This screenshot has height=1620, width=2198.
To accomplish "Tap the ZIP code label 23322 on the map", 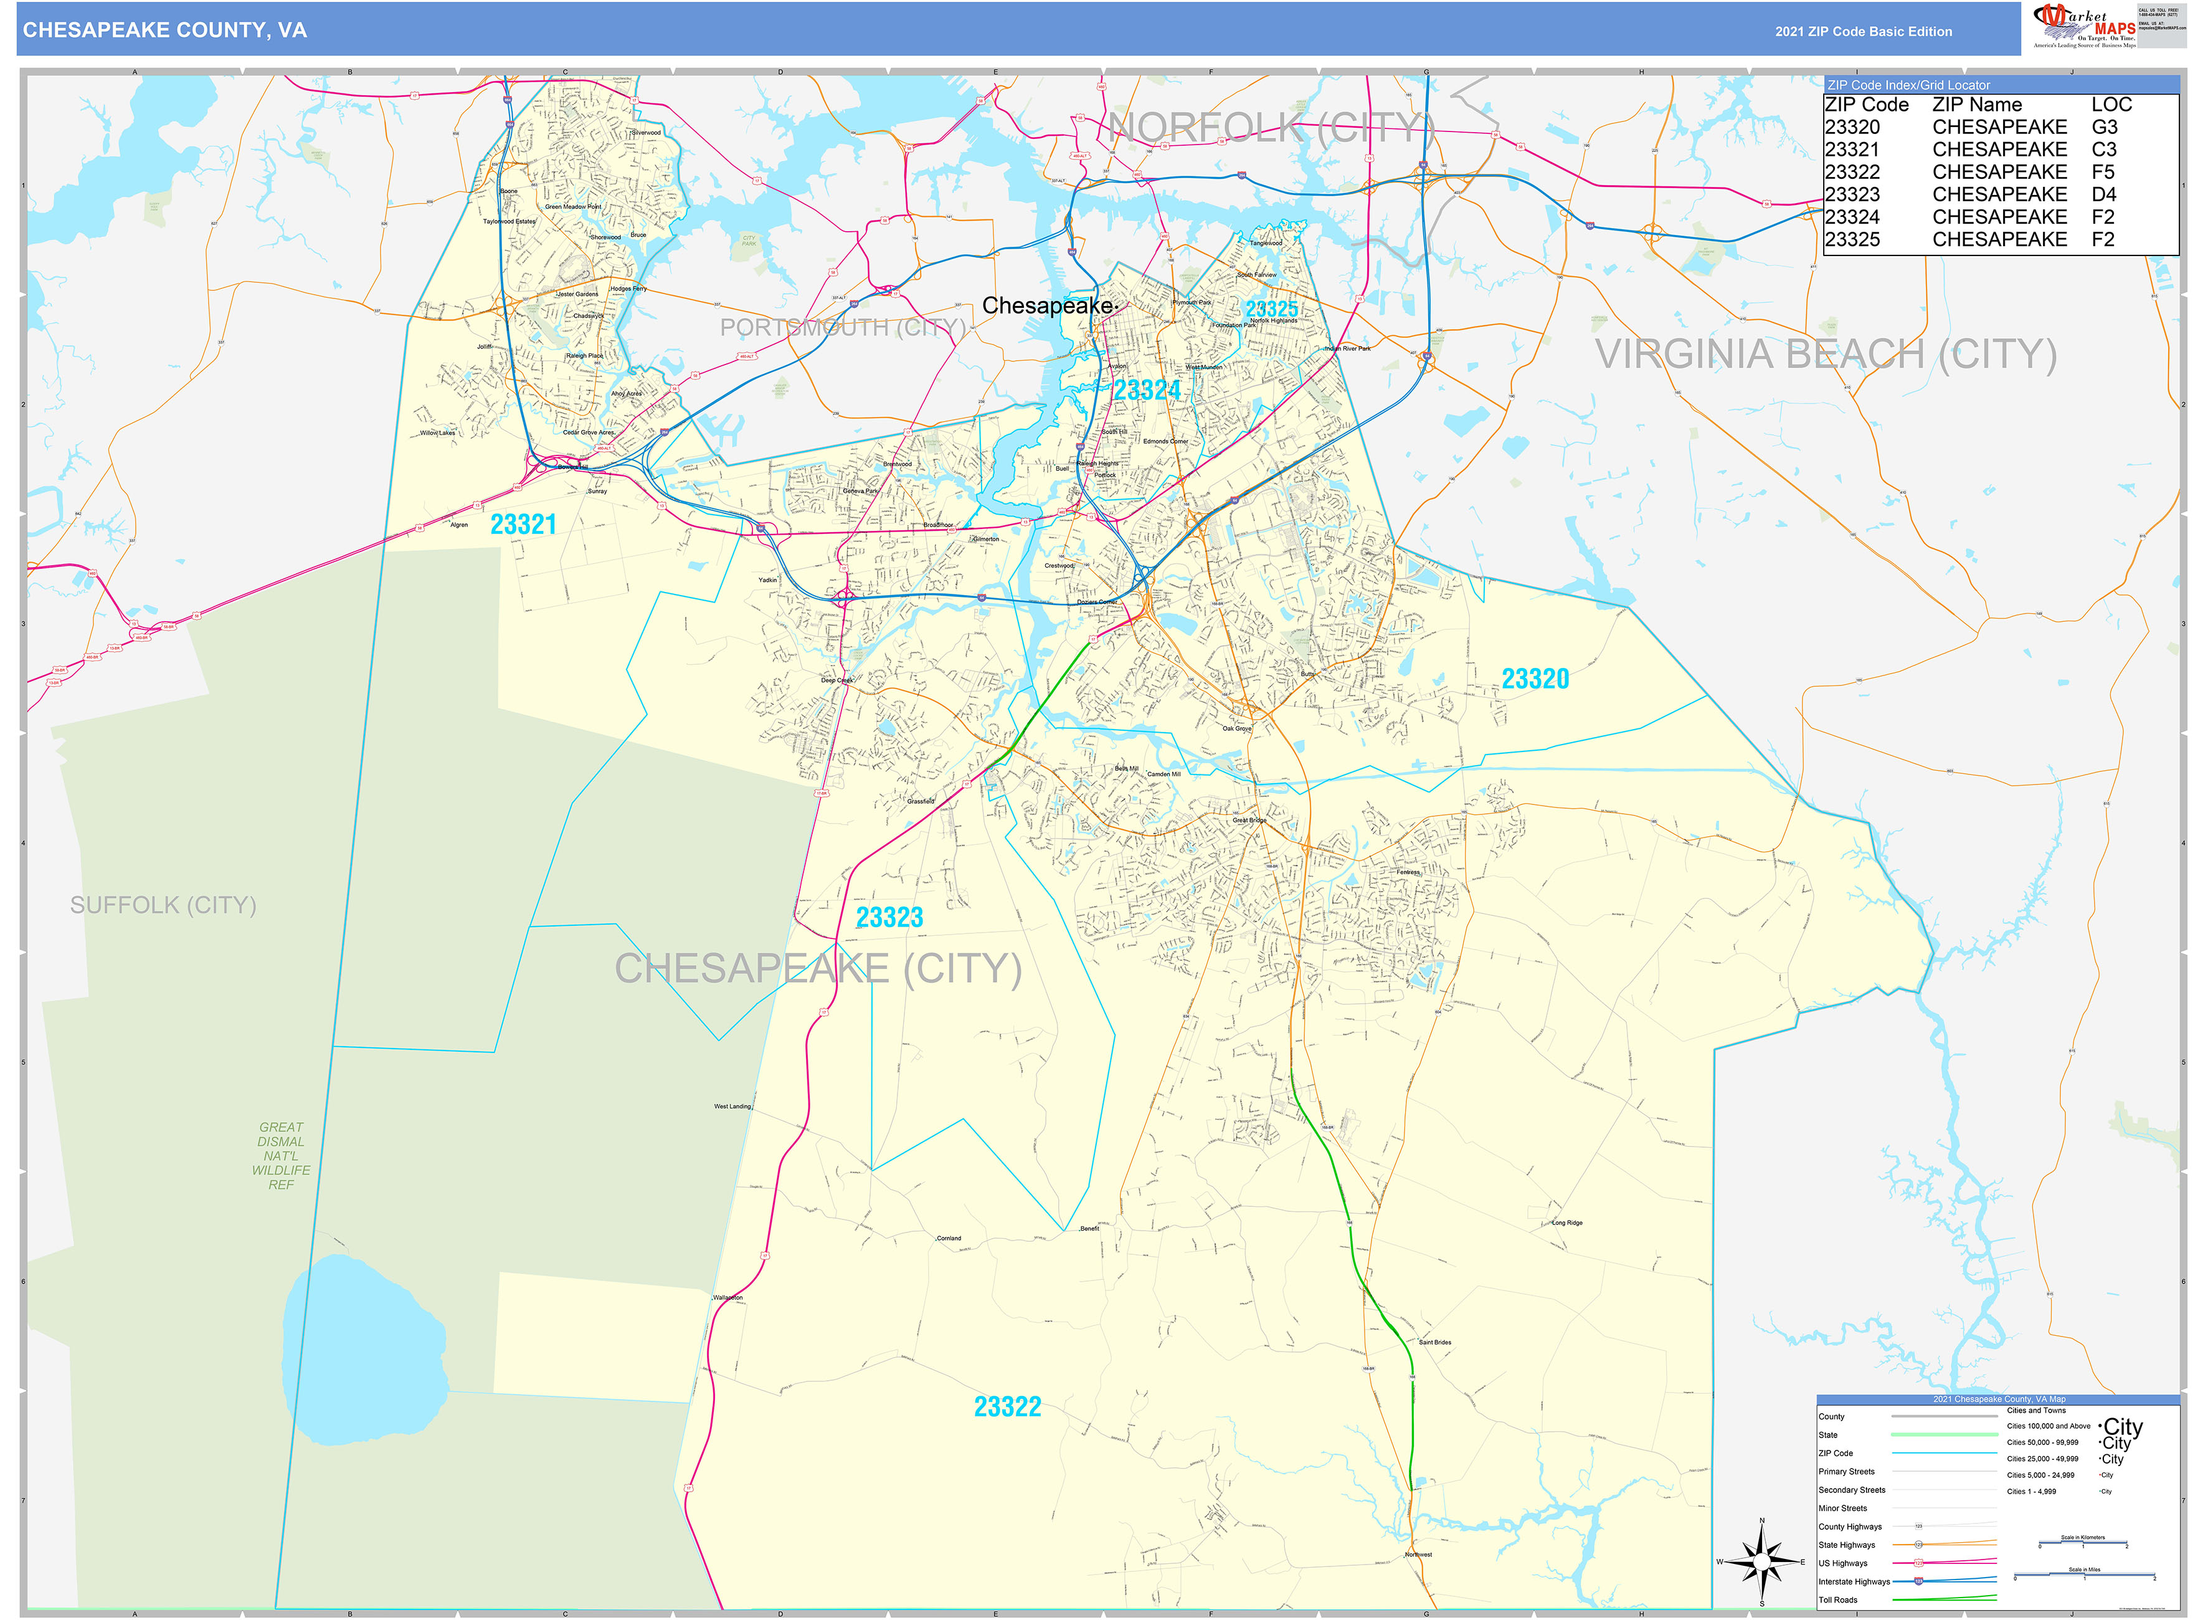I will pyautogui.click(x=1007, y=1407).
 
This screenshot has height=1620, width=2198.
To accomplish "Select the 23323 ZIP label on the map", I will pyautogui.click(x=889, y=918).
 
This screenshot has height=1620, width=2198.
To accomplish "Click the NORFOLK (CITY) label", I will pyautogui.click(x=1272, y=128).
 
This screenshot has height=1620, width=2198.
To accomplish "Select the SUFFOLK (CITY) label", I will pyautogui.click(x=163, y=905).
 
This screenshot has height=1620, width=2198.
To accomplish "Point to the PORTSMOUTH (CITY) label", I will pyautogui.click(x=842, y=328).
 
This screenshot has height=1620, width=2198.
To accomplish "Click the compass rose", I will pyautogui.click(x=1762, y=1562).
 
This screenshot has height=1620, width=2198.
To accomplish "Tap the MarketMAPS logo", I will pyautogui.click(x=2083, y=26).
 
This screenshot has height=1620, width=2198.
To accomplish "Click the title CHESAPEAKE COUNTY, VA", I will pyautogui.click(x=164, y=31).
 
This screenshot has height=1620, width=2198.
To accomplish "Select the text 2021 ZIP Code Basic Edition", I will pyautogui.click(x=1863, y=31).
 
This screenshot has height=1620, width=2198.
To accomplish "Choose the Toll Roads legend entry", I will pyautogui.click(x=1837, y=1599).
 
